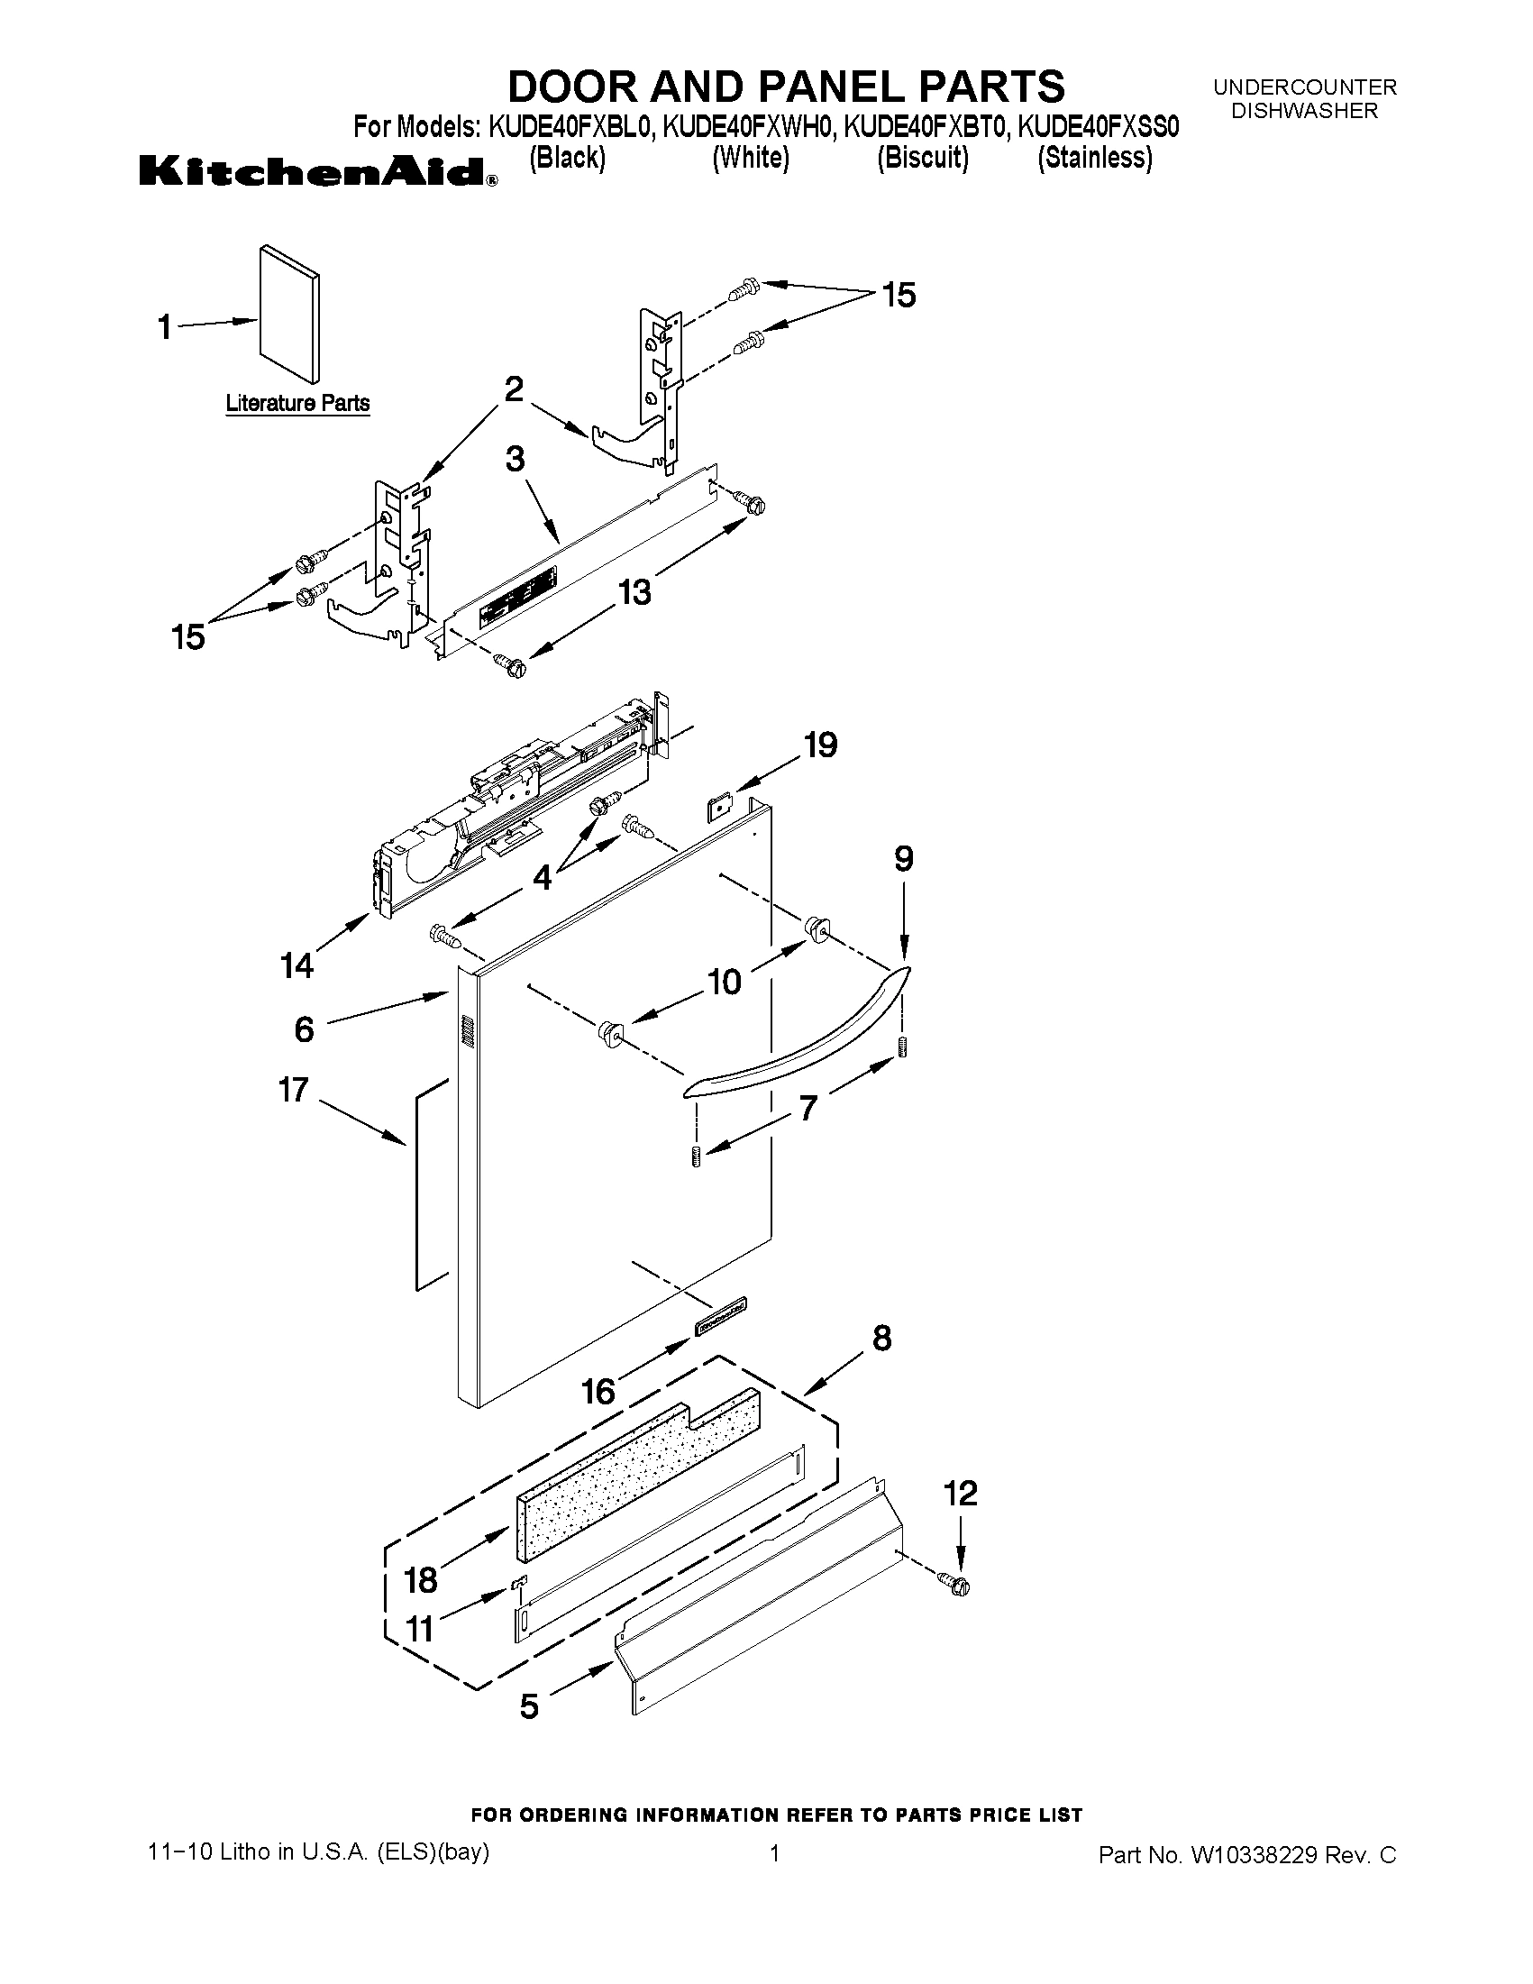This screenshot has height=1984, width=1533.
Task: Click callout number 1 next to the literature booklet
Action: (164, 326)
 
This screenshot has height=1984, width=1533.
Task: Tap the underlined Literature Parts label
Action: (297, 402)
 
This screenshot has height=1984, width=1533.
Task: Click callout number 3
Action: (514, 459)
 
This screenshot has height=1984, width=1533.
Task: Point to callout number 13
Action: (634, 592)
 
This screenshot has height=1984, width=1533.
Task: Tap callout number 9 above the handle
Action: (903, 858)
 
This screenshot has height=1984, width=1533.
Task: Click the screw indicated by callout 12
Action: (955, 1585)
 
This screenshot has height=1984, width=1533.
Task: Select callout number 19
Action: (820, 745)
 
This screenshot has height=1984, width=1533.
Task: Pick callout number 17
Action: (293, 1089)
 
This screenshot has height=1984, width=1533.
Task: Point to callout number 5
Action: (528, 1706)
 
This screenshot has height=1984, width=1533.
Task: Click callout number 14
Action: (297, 965)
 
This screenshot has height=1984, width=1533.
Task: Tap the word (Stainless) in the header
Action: (1094, 158)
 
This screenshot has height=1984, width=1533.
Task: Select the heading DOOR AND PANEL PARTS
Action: (786, 87)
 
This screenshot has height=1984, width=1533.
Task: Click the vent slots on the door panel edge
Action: (467, 1034)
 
